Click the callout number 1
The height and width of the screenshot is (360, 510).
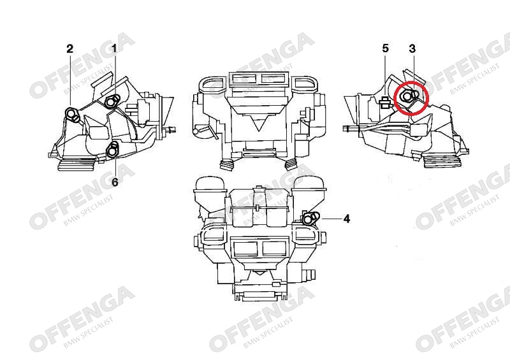tap(114, 49)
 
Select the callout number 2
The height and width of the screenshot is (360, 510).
tap(70, 49)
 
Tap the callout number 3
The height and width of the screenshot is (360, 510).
tap(412, 49)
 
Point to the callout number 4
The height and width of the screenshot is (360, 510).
tap(347, 219)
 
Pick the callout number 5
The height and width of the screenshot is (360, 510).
tap(386, 48)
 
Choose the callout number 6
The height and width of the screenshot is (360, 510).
tap(115, 182)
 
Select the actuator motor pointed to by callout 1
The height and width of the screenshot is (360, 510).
tap(112, 101)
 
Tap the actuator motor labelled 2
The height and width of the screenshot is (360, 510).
tap(72, 115)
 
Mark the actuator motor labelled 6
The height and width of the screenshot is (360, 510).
tap(113, 149)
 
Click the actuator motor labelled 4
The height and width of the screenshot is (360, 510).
tap(310, 218)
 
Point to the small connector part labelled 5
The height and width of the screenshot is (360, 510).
tap(385, 102)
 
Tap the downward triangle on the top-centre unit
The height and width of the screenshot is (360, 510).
tap(259, 124)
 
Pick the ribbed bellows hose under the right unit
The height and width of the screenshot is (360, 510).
tap(442, 162)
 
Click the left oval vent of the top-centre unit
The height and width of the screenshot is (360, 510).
tap(213, 83)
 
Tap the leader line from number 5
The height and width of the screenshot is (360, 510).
tap(386, 76)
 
